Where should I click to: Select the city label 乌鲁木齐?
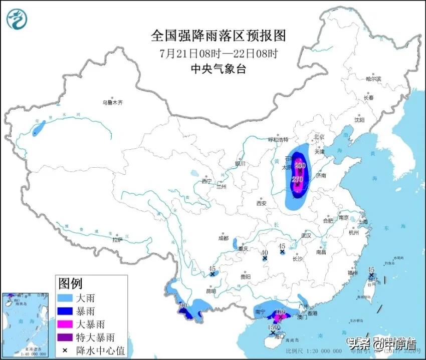pos(113,102)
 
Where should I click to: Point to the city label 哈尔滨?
pos(373,79)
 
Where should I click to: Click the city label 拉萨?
pos(118,240)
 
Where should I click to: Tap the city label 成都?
pos(223,238)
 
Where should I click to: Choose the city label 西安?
pos(261,203)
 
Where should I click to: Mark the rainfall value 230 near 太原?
pos(300,165)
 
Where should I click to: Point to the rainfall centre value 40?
pos(265,252)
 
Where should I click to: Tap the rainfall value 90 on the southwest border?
pos(183,305)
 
